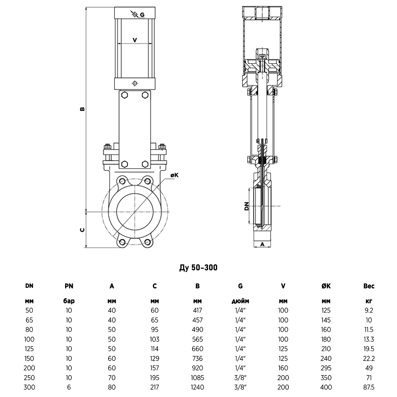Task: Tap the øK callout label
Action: (174, 175)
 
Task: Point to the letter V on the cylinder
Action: (135, 40)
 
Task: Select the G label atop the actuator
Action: (142, 15)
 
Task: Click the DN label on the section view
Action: (246, 207)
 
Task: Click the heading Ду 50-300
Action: (198, 268)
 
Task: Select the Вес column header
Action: (369, 286)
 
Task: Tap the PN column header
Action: (69, 286)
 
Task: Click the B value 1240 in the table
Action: (198, 387)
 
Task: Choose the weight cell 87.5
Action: (369, 387)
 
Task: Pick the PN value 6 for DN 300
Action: (69, 387)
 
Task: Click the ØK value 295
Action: (326, 368)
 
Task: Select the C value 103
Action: (154, 339)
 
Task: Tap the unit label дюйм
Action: (240, 301)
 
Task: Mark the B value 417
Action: (198, 310)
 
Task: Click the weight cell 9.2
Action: (369, 310)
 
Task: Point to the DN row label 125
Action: (29, 349)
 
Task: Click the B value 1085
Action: (198, 377)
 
